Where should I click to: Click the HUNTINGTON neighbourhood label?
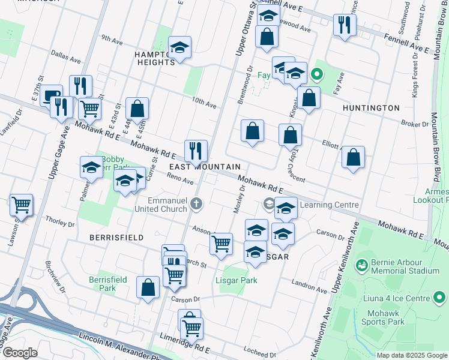(371, 108)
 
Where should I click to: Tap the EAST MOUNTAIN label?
(205, 167)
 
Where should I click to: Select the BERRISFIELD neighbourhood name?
(116, 238)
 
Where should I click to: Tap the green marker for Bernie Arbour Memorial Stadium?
(361, 265)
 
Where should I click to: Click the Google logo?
(20, 353)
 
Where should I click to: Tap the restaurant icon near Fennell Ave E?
(345, 25)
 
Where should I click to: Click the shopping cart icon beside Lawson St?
(22, 205)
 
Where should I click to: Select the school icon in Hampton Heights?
(179, 48)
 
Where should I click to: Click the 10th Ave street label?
(204, 104)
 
